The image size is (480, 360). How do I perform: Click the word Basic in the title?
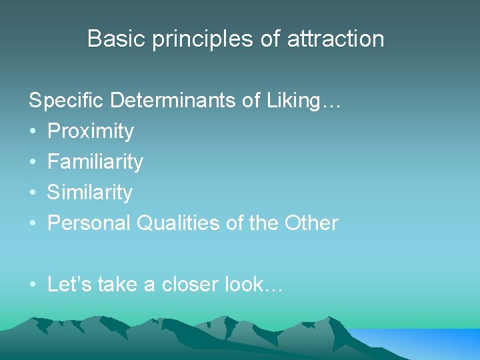[117, 39]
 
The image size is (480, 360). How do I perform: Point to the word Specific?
[67, 101]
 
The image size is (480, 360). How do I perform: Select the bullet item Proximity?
[91, 131]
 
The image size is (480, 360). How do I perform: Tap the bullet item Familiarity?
[95, 161]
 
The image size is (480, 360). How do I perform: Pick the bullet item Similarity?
[90, 192]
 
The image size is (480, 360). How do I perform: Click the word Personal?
[89, 223]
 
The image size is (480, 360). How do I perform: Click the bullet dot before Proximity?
[33, 131]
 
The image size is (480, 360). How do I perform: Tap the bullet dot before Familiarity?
[33, 162]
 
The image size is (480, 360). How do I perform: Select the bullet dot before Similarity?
[33, 193]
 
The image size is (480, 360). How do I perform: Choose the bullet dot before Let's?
[33, 285]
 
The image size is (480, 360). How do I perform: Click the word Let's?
[69, 285]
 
